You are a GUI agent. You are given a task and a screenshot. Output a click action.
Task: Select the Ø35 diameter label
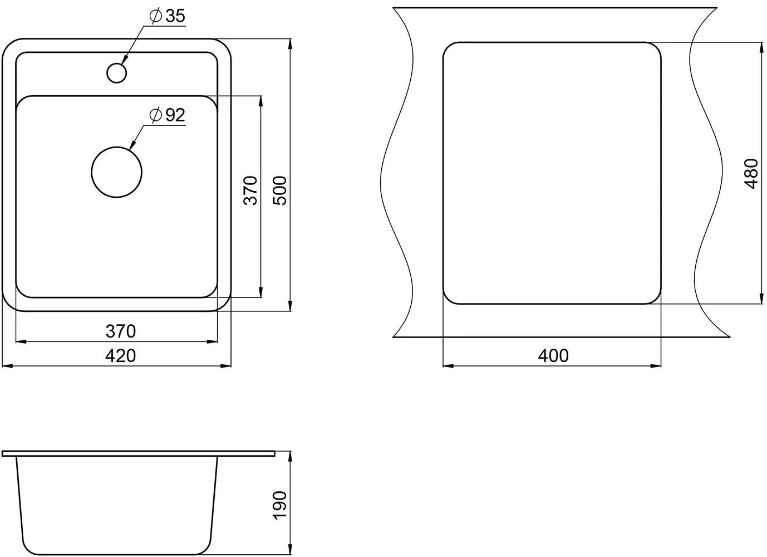(x=167, y=16)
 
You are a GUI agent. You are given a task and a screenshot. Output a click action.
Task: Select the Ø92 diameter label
(x=167, y=115)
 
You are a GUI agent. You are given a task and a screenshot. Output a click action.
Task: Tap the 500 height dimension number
(x=280, y=191)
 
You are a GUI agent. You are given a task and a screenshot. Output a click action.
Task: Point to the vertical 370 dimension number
(x=250, y=191)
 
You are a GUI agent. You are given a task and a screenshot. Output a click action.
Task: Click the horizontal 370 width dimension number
(x=121, y=331)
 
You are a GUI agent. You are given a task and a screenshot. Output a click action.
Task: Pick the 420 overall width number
(x=121, y=356)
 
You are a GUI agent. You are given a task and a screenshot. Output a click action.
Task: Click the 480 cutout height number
(x=751, y=173)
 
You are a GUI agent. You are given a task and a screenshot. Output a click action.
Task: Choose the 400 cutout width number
(x=553, y=356)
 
